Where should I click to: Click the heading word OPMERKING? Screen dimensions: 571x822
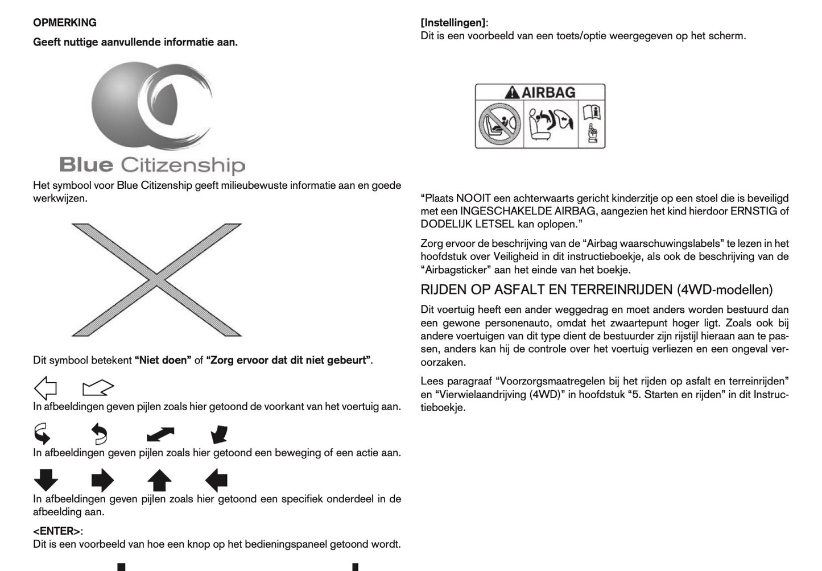(65, 23)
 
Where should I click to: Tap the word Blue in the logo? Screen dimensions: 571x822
(86, 165)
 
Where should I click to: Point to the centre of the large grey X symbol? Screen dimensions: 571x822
(156, 279)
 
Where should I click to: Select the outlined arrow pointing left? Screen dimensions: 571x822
(46, 388)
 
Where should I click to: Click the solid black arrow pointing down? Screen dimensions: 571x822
(46, 481)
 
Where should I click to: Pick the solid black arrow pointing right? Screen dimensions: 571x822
(102, 481)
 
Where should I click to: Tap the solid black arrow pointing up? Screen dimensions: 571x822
(159, 481)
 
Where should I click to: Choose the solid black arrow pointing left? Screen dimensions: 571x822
(216, 481)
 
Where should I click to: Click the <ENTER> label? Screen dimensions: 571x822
(57, 531)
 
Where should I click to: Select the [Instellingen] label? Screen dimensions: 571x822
(453, 23)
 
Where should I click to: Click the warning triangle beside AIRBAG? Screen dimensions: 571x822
(513, 92)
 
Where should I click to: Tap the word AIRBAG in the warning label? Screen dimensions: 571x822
(548, 92)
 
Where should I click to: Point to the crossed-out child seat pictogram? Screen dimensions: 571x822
(499, 123)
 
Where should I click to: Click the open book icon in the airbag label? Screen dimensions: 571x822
(592, 111)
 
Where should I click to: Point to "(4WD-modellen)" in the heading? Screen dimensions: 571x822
(725, 290)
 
